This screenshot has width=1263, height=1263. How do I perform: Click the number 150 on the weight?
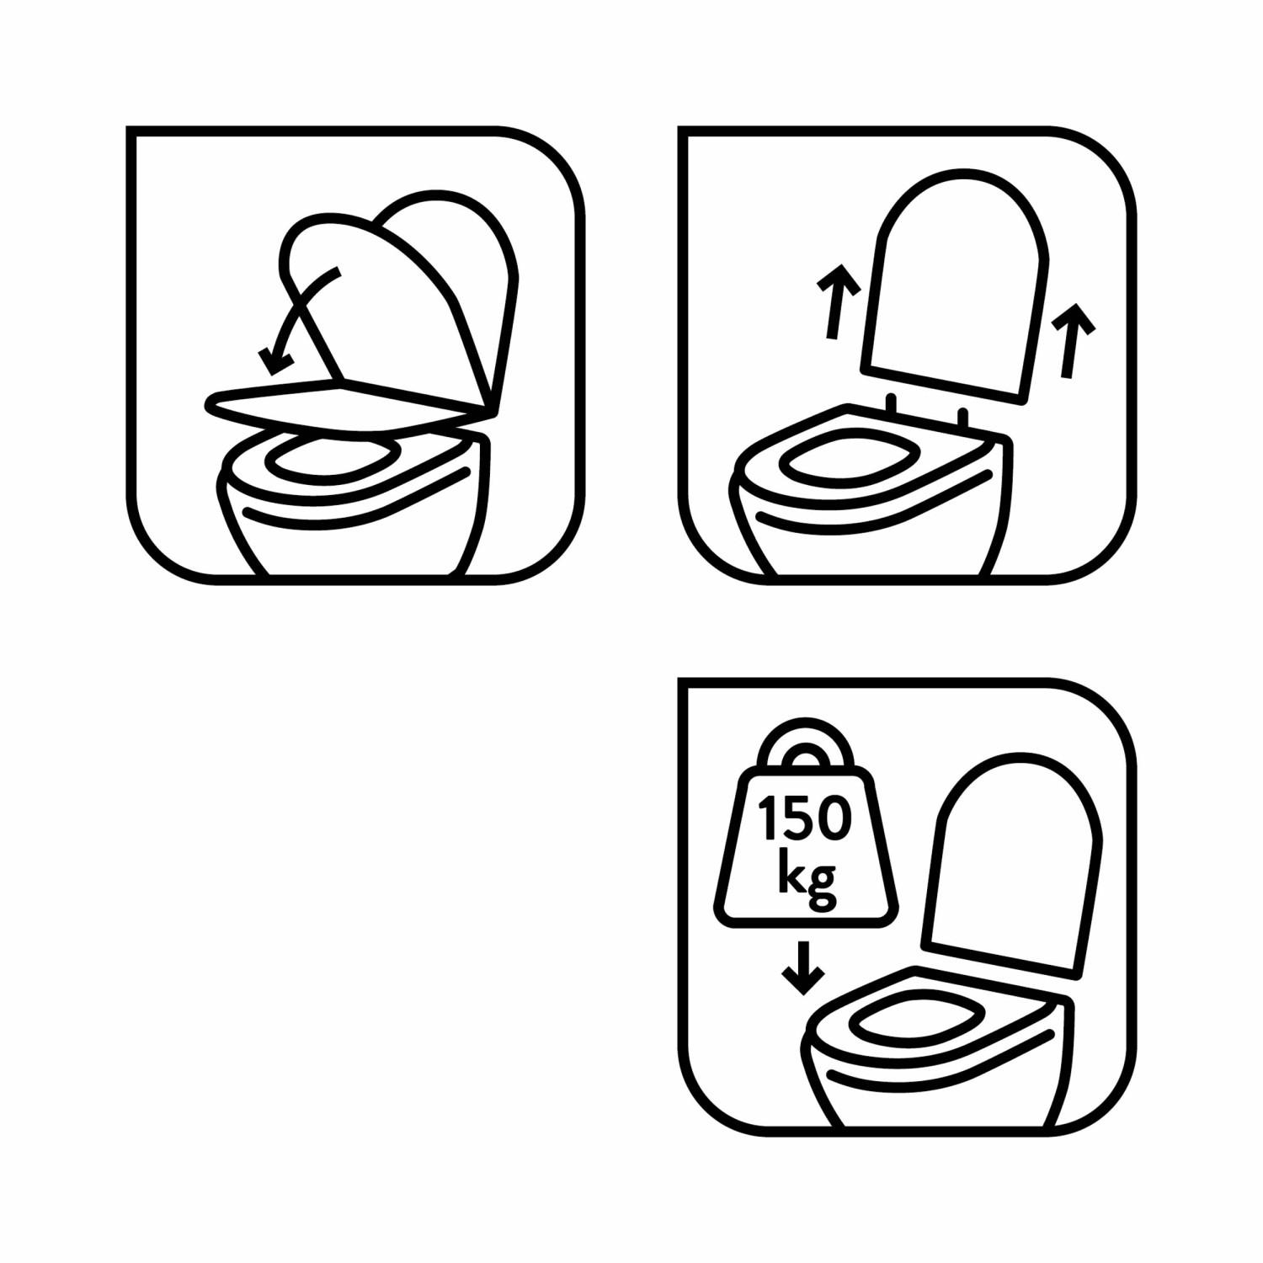click(805, 818)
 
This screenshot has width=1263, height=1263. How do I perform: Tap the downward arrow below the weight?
click(803, 968)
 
